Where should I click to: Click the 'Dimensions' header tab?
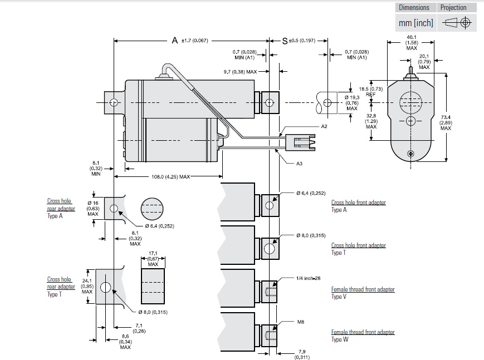pyautogui.click(x=414, y=7)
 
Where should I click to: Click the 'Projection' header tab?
pyautogui.click(x=453, y=7)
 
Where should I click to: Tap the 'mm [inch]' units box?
pyautogui.click(x=415, y=23)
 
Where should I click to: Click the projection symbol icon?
pyautogui.click(x=458, y=23)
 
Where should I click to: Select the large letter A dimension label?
pyautogui.click(x=174, y=41)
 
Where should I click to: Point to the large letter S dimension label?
pyautogui.click(x=285, y=41)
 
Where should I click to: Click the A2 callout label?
pyautogui.click(x=324, y=127)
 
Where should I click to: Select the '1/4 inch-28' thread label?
pyautogui.click(x=308, y=277)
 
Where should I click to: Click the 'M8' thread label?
pyautogui.click(x=300, y=322)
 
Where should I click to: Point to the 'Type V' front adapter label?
pyautogui.click(x=339, y=297)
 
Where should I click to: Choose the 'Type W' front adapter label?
pyautogui.click(x=339, y=339)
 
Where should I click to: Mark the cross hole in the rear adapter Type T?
pyautogui.click(x=105, y=287)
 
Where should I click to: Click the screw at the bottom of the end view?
pyautogui.click(x=410, y=154)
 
